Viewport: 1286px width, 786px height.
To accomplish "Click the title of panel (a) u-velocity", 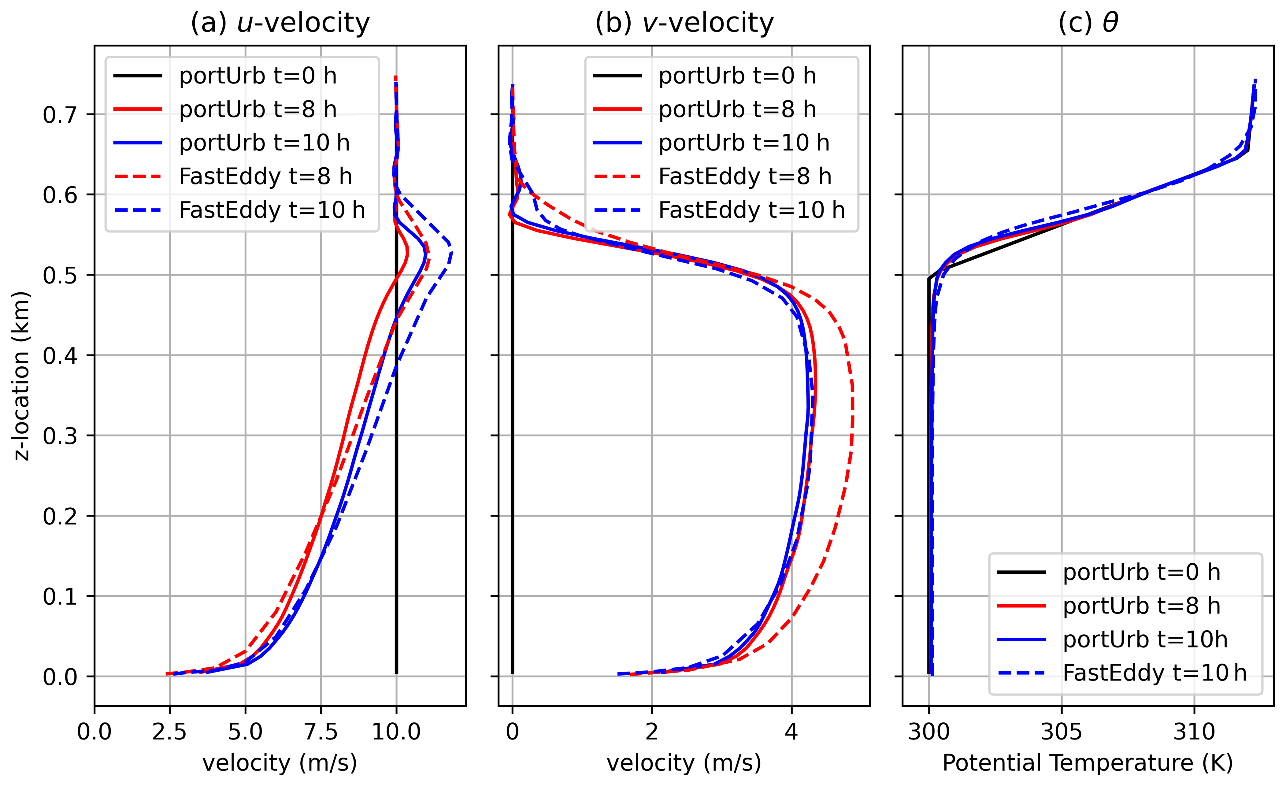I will [280, 23].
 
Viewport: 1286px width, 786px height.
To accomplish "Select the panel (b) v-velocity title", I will [684, 23].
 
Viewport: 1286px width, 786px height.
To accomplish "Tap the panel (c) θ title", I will [1088, 23].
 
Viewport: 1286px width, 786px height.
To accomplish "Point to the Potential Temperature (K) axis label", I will [1088, 763].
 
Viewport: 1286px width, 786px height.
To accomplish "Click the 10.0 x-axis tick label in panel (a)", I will [396, 732].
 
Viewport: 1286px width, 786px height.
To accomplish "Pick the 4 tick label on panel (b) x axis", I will [791, 732].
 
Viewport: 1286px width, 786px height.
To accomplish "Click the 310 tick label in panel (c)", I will [1194, 732].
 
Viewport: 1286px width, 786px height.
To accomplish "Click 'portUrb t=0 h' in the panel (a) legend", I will [257, 76].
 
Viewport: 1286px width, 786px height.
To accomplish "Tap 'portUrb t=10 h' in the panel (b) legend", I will [744, 143].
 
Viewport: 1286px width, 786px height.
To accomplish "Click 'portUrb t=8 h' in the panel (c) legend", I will [1141, 606].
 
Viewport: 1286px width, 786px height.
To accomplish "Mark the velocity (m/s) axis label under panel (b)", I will [684, 763].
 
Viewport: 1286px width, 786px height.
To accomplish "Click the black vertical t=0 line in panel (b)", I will [513, 470].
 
